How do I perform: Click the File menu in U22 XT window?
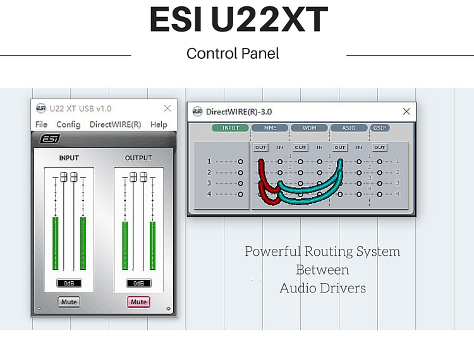point(41,124)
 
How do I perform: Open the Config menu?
point(68,124)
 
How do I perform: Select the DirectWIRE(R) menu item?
point(115,124)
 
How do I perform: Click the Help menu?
point(159,124)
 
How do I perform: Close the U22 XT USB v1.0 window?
point(167,109)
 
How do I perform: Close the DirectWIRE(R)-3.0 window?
point(406,111)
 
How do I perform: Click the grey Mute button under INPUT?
point(69,302)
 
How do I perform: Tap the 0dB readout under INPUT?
point(69,284)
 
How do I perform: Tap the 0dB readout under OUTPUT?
point(138,284)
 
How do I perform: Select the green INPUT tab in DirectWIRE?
point(231,128)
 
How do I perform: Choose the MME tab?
point(270,128)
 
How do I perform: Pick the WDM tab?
point(309,128)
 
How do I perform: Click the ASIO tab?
point(349,128)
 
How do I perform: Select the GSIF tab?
point(379,128)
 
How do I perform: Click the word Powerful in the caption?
point(274,251)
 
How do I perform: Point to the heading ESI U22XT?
point(238,20)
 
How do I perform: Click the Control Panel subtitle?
point(233,54)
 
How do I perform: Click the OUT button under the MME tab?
point(261,147)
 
